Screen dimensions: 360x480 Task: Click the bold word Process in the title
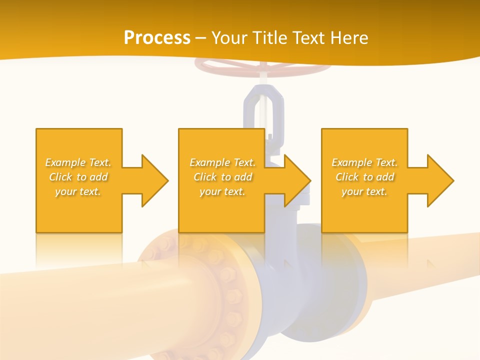[157, 38]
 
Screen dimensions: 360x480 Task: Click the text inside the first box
[78, 177]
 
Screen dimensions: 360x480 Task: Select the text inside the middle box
[222, 177]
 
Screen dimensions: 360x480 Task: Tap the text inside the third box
[364, 177]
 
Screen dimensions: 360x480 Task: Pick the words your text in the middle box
[222, 191]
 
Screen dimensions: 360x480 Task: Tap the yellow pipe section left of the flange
[75, 300]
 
